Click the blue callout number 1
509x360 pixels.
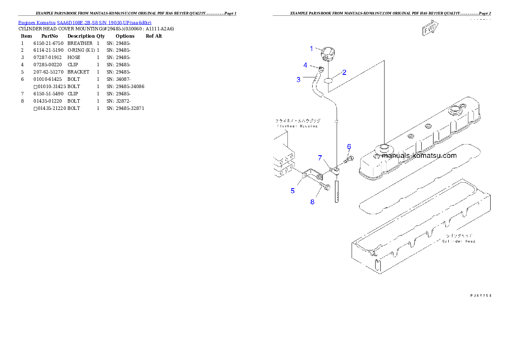311,49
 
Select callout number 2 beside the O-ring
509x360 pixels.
344,72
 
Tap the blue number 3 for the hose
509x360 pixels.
299,80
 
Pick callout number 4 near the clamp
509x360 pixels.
305,65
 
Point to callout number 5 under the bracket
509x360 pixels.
293,191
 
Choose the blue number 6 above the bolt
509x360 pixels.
349,147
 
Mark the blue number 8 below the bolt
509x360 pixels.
312,202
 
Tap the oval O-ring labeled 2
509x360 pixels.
328,80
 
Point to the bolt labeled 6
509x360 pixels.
349,160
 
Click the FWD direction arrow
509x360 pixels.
429,30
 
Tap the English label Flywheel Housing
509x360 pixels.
296,126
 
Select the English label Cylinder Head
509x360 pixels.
459,241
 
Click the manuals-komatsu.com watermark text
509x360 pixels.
418,156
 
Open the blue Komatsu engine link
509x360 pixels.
85,22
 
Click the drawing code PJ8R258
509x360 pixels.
481,295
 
